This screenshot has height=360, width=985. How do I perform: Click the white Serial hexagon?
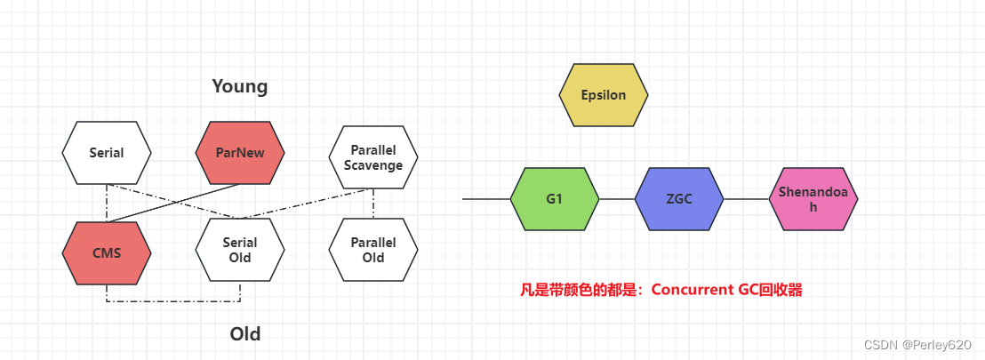(107, 153)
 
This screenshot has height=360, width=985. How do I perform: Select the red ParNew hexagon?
(240, 153)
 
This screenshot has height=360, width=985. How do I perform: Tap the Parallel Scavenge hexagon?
(373, 157)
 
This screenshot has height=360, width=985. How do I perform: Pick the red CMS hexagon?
(107, 252)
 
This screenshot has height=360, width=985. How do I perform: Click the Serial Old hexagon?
(240, 250)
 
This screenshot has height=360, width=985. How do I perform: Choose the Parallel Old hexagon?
(373, 250)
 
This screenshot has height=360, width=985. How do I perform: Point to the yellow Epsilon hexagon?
(604, 95)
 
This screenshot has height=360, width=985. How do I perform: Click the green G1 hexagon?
(555, 198)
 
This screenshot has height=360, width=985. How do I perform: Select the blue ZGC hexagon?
(679, 198)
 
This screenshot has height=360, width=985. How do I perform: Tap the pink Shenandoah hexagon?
(813, 198)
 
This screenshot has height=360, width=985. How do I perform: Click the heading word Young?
(240, 86)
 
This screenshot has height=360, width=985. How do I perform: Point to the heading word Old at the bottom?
(245, 334)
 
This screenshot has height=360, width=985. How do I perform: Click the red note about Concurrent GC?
(661, 291)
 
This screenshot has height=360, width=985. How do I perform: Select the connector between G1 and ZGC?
(617, 199)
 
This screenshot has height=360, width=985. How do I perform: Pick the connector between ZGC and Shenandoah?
(746, 199)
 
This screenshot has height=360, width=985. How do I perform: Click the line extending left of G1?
(486, 199)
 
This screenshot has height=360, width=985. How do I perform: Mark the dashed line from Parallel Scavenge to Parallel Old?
(373, 204)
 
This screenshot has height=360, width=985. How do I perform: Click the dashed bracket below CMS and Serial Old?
(173, 300)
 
